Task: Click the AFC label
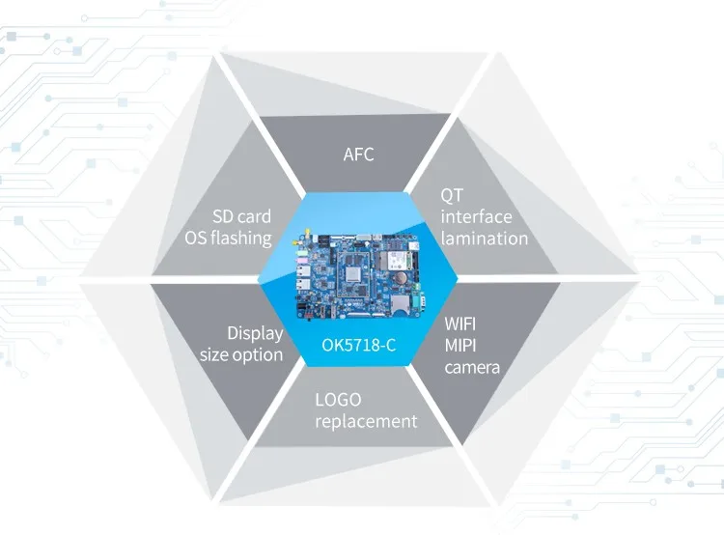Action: (358, 155)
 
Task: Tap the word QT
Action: (451, 195)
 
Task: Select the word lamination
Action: (485, 239)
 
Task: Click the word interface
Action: (477, 216)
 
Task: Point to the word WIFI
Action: (459, 324)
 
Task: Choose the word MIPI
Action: (459, 346)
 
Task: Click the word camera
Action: (472, 368)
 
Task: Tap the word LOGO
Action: (338, 400)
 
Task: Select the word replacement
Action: (366, 422)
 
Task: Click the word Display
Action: (255, 333)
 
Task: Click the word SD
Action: (222, 216)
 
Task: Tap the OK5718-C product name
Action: (359, 345)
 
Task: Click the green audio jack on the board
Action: (301, 253)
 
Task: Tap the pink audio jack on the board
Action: (300, 261)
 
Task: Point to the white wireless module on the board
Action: (395, 261)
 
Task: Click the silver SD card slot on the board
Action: (398, 303)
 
